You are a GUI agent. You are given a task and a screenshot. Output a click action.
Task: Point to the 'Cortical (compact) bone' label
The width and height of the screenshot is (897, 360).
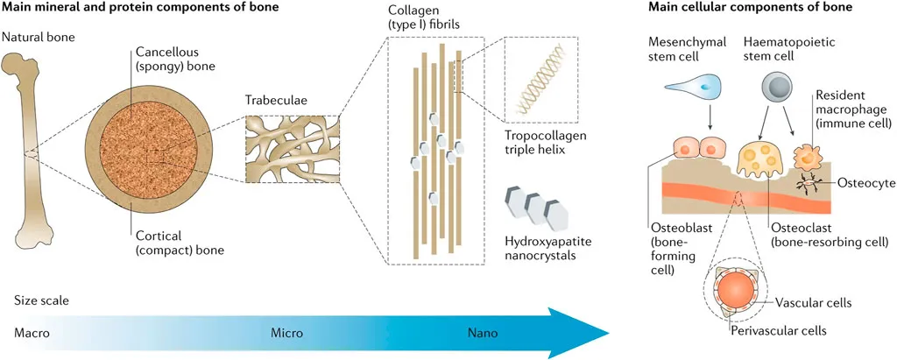(173, 242)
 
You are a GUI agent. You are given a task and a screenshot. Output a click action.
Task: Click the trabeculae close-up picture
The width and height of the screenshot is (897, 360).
(289, 151)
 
